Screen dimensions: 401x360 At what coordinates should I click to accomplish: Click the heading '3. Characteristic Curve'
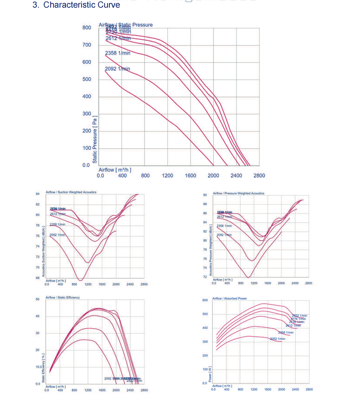(76, 5)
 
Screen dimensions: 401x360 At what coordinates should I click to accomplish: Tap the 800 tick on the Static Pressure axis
(87, 28)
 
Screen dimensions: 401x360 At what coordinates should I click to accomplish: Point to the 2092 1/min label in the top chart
(117, 69)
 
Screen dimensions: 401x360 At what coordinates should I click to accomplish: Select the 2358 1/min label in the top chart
(117, 53)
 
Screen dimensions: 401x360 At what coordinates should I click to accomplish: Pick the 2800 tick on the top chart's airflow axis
(259, 176)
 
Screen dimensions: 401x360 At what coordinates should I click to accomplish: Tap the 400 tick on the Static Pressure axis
(87, 96)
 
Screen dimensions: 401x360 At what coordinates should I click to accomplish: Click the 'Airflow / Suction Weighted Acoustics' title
(71, 192)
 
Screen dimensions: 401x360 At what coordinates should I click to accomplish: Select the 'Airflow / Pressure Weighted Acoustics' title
(238, 193)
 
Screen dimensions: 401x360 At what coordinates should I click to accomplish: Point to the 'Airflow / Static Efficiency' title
(63, 297)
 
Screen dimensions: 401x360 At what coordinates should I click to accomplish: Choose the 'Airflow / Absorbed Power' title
(229, 299)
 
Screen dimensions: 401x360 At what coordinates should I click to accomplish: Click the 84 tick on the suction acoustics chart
(37, 194)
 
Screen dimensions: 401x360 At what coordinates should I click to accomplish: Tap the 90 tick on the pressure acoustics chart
(205, 195)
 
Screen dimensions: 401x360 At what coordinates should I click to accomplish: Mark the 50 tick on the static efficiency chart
(37, 299)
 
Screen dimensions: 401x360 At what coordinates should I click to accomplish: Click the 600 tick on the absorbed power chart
(205, 300)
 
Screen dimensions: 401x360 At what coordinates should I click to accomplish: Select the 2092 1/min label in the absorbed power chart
(278, 339)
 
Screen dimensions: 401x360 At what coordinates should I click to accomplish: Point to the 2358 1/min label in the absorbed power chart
(286, 333)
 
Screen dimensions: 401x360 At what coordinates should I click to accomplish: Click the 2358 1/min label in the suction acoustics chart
(58, 224)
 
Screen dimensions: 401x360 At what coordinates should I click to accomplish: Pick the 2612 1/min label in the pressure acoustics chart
(224, 217)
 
